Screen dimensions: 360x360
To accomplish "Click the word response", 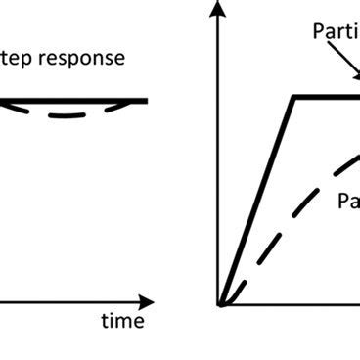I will (x=87, y=59).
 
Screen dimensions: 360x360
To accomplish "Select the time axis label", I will (x=123, y=320).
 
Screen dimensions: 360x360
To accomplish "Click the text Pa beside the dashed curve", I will (x=348, y=202).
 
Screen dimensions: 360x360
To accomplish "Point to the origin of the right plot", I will (x=221, y=305).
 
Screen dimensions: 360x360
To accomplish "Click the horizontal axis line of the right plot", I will (x=293, y=305).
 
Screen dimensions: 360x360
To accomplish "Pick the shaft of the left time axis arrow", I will (x=68, y=302).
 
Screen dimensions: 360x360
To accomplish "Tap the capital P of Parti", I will (x=318, y=30).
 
